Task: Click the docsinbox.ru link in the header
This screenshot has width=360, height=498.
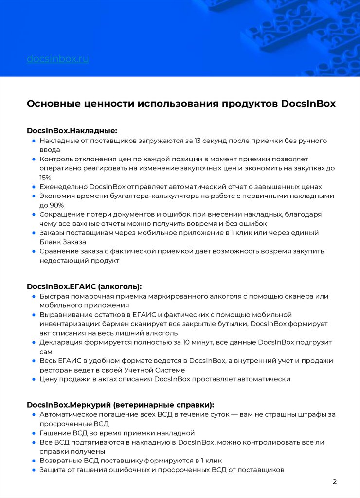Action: [57, 59]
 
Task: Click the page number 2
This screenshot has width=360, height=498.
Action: [334, 482]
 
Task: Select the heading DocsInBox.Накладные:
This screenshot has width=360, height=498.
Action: [72, 131]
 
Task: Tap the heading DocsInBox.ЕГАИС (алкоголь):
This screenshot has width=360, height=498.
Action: [84, 286]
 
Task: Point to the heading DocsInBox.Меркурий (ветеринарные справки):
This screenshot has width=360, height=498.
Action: [120, 405]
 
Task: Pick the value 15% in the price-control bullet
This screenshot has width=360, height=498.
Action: [45, 178]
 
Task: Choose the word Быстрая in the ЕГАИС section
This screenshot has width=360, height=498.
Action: [54, 296]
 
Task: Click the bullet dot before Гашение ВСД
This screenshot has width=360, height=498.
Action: [34, 433]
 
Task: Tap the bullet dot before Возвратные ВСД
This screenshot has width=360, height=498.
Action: [34, 461]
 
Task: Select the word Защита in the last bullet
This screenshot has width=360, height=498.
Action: [53, 470]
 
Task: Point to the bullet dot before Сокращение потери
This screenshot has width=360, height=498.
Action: [34, 214]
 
